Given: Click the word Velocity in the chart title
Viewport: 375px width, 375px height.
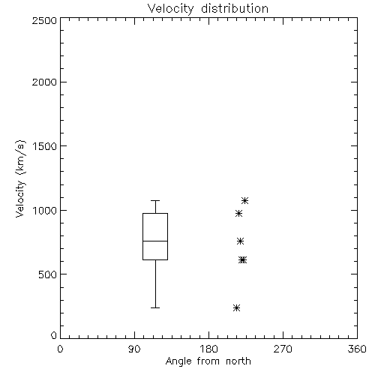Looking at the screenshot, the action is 171,9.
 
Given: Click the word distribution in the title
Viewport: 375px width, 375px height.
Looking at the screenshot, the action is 235,8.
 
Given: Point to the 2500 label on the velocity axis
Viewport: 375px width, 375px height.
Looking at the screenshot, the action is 44,20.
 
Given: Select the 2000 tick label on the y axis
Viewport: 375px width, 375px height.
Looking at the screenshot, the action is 44,82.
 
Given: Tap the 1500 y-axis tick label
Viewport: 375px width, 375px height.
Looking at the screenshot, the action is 45,146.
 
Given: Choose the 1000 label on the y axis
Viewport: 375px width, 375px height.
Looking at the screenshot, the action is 45,211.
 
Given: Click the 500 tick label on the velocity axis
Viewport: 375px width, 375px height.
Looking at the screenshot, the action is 48,274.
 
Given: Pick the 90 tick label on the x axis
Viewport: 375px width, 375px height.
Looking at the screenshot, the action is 134,349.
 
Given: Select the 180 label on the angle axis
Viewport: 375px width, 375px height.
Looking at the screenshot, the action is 208,349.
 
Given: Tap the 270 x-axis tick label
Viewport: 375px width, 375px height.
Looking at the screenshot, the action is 283,349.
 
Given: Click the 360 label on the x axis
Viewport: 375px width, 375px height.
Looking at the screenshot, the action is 357,349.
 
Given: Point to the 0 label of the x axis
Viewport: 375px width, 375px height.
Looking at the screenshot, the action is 60,349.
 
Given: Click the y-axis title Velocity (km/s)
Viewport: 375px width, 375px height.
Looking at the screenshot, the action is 20,178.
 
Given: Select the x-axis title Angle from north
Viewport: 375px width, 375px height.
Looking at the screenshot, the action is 208,361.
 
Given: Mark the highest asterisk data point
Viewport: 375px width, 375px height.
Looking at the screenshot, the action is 244,200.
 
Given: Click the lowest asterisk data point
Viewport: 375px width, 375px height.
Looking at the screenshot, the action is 236,307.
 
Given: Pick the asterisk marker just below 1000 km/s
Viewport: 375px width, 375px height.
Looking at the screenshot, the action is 239,213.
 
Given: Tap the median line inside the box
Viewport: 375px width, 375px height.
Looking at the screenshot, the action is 155,241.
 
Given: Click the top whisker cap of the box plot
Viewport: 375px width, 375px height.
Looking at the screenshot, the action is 155,200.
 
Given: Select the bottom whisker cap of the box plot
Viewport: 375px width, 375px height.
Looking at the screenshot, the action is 155,307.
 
